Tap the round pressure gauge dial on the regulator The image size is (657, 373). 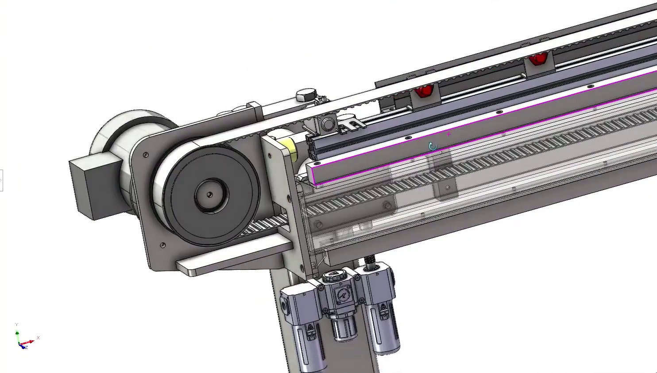click(341, 295)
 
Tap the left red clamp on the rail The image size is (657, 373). click(423, 91)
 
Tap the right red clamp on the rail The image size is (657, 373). click(537, 58)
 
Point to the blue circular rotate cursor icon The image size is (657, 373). click(433, 147)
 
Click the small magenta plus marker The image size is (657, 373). click(449, 134)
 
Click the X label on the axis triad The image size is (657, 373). click(39, 338)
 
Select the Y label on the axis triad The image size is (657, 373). click(16, 325)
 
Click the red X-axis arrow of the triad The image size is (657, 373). click(29, 342)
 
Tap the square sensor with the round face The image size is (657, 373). click(327, 124)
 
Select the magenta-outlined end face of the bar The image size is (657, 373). click(313, 174)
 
